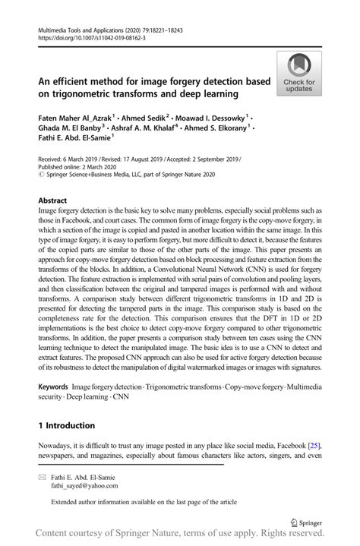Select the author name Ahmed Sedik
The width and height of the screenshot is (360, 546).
[x=148, y=118]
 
